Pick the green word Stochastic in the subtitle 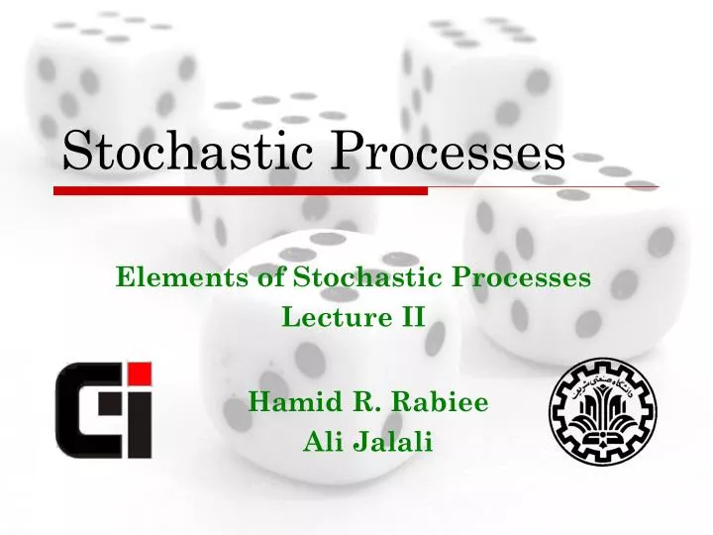point(348,278)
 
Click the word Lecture point(325,318)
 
